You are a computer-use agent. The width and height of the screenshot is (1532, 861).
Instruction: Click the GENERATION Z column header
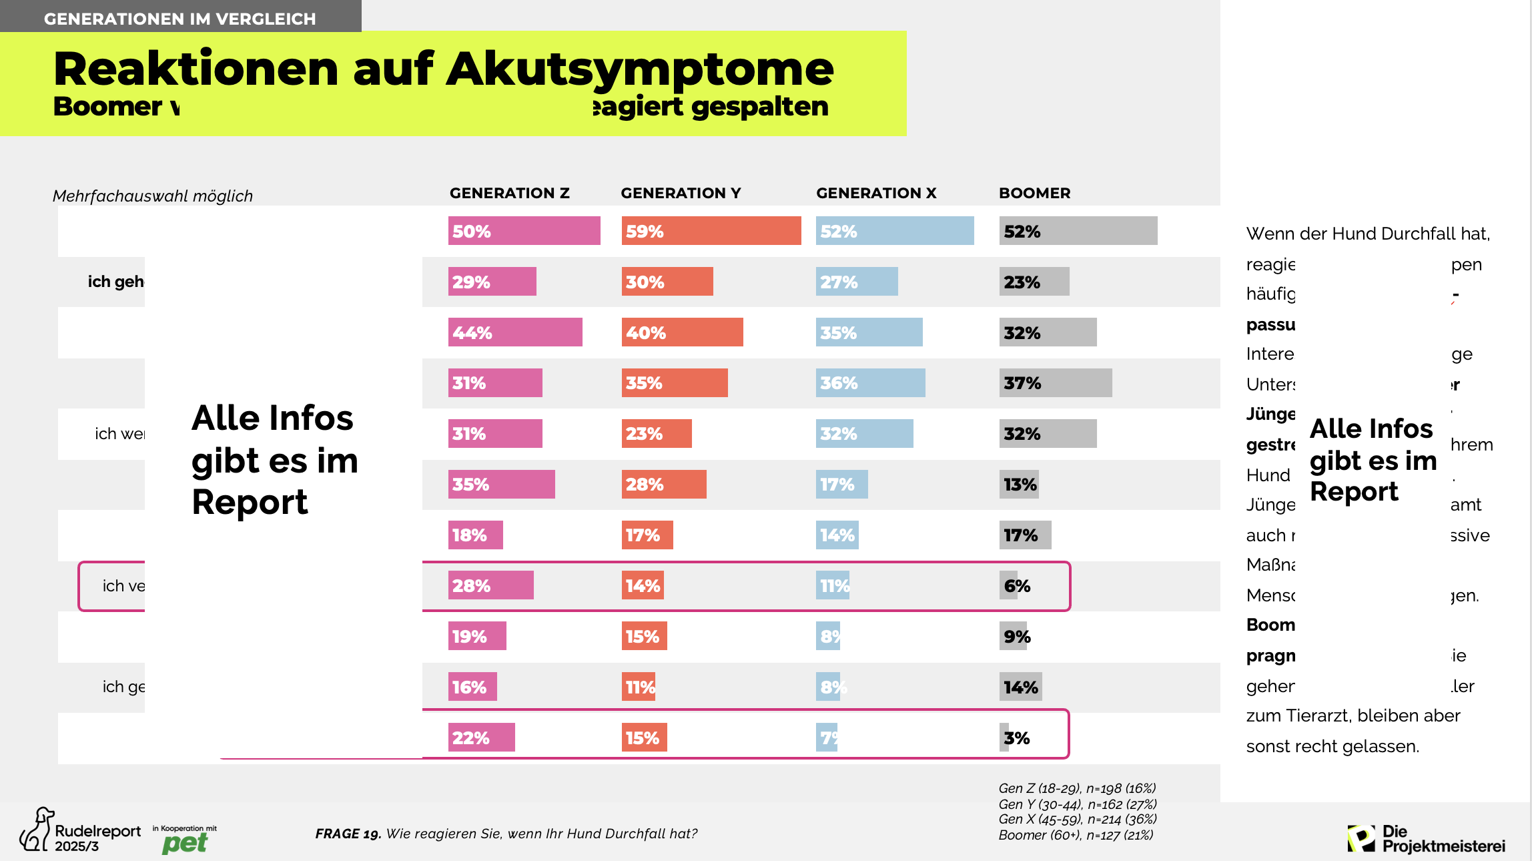point(509,193)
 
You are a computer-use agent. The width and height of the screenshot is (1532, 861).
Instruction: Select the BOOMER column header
point(1034,193)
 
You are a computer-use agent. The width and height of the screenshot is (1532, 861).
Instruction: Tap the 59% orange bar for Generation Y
point(711,231)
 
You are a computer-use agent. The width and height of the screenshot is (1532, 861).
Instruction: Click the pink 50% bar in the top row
point(524,231)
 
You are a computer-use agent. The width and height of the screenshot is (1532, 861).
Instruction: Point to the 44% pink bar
point(514,332)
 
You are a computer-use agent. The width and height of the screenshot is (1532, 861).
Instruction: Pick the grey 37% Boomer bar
point(1055,383)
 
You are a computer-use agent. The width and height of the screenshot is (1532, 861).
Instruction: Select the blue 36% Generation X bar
point(870,383)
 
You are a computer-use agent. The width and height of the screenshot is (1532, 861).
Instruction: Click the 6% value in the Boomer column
point(1016,586)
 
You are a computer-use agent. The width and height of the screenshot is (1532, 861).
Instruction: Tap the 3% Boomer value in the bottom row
point(1016,738)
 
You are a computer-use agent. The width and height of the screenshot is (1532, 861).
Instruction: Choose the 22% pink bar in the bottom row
point(481,738)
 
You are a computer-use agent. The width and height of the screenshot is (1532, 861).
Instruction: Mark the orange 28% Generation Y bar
point(663,485)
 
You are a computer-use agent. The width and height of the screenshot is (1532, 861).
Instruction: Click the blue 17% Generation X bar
point(841,485)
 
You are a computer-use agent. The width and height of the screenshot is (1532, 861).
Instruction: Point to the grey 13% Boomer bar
point(1019,485)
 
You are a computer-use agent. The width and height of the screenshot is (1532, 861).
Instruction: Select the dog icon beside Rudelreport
point(37,830)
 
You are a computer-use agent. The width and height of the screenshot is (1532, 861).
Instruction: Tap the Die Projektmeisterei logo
point(1426,838)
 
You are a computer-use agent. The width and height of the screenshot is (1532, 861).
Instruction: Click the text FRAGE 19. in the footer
point(348,834)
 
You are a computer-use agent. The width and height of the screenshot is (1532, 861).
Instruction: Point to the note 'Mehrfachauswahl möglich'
point(153,196)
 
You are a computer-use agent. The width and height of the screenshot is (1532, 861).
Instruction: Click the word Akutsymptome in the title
point(640,69)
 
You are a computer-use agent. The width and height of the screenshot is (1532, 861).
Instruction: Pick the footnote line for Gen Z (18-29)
point(1076,788)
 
